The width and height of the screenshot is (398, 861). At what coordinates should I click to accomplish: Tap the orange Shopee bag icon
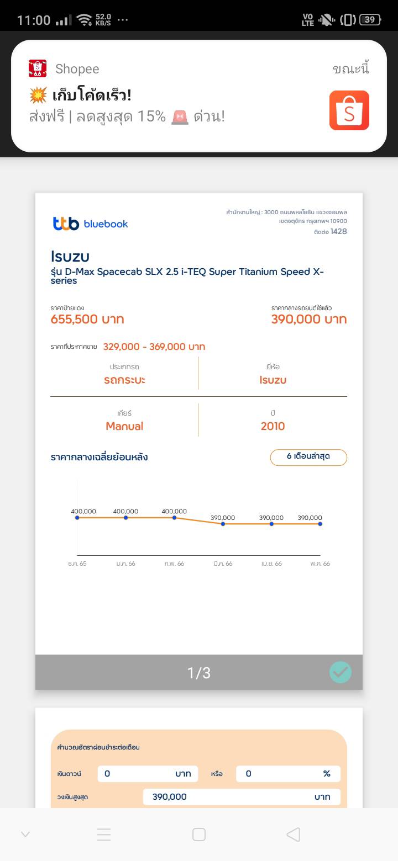pos(349,110)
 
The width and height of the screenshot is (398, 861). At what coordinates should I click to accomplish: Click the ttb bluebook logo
pos(91,224)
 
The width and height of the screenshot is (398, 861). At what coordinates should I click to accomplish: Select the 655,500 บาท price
pos(87,320)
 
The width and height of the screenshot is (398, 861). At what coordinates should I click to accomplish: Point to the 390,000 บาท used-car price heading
pos(308,320)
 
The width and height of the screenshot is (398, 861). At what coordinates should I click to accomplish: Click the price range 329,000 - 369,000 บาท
pos(154,347)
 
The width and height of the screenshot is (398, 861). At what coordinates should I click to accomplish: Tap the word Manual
pos(124,426)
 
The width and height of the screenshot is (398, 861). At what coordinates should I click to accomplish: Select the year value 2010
pos(273,426)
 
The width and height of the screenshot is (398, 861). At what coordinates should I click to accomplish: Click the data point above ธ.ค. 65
pos(77,517)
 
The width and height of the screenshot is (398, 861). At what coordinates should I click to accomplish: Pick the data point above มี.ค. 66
pos(223,523)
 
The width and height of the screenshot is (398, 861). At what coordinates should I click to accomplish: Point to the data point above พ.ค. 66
pos(320,523)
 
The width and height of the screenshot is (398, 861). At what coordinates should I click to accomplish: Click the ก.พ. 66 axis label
pos(174,564)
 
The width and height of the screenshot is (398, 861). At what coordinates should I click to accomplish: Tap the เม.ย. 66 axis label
pos(271,564)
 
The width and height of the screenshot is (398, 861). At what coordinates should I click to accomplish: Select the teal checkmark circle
pos(341,672)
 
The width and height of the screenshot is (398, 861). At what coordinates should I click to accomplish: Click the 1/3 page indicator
pos(199,673)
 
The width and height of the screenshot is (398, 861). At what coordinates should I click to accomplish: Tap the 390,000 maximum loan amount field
pos(242,796)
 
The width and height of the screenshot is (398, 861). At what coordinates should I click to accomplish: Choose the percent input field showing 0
pos(287,774)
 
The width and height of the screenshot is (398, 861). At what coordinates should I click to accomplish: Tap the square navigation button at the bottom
pos(199,835)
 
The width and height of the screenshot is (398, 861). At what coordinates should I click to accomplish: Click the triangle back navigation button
pos(293,835)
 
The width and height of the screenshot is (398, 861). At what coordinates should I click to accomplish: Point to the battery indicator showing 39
pos(370,20)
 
